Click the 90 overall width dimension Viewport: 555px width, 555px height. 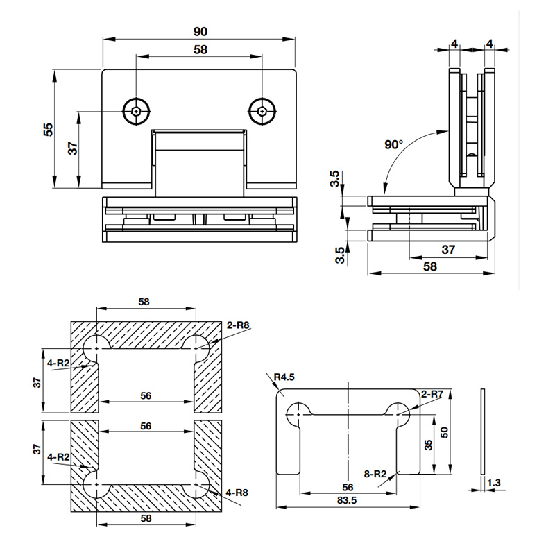click(200, 31)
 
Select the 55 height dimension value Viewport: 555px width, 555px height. click(48, 129)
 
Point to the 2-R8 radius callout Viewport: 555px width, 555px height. click(238, 323)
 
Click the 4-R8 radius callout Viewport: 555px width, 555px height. click(237, 493)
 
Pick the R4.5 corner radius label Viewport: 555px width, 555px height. click(284, 377)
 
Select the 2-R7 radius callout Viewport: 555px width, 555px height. click(432, 394)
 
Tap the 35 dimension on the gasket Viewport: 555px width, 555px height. click(428, 444)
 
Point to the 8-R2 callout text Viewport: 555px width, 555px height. click(375, 474)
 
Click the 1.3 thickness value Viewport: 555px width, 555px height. click(493, 481)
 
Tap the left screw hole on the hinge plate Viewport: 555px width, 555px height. click(136, 110)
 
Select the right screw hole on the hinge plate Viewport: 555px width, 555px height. click(262, 110)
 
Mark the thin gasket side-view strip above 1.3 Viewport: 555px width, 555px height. click(483, 430)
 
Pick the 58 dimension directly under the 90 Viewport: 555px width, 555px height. click(200, 50)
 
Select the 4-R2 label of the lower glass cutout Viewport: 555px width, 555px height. click(58, 457)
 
